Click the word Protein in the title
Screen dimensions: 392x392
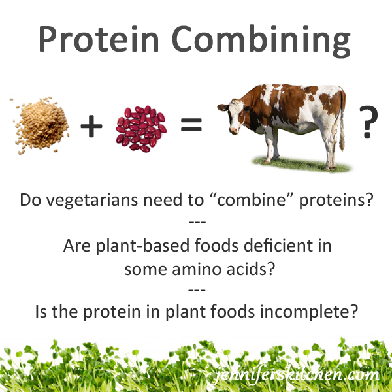point(99,39)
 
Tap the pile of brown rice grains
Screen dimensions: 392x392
point(42,125)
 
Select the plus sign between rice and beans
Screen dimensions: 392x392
point(91,126)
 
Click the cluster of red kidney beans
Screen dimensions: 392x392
point(141,129)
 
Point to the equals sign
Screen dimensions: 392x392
point(191,125)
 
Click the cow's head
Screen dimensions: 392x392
point(232,116)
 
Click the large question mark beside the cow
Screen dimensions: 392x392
point(368,122)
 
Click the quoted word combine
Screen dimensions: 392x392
point(252,200)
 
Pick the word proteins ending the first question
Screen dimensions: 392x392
point(336,201)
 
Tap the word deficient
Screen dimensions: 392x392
point(278,245)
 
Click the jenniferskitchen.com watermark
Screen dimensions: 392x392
point(297,374)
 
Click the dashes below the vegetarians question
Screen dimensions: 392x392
point(197,222)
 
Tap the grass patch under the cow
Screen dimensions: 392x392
point(302,165)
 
